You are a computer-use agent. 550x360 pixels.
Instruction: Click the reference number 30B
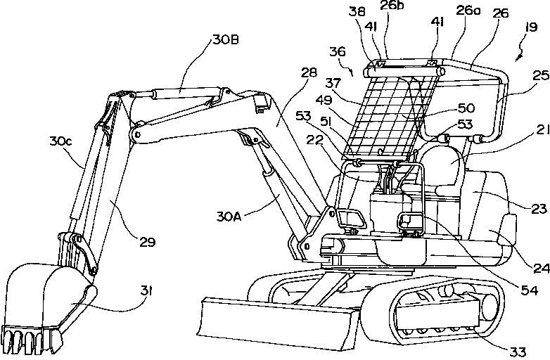(x=226, y=39)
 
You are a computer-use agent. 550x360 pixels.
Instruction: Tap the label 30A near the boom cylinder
(x=229, y=217)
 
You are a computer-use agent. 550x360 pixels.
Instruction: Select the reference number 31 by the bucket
(x=146, y=290)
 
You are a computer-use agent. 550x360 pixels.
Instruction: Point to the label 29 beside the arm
(x=147, y=242)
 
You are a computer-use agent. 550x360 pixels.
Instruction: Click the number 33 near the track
(x=518, y=352)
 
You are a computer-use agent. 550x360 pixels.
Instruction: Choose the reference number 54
(x=529, y=290)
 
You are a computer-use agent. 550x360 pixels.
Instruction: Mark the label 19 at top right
(x=531, y=27)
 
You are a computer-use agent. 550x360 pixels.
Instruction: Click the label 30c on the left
(x=60, y=141)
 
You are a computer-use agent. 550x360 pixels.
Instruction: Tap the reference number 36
(x=338, y=51)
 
